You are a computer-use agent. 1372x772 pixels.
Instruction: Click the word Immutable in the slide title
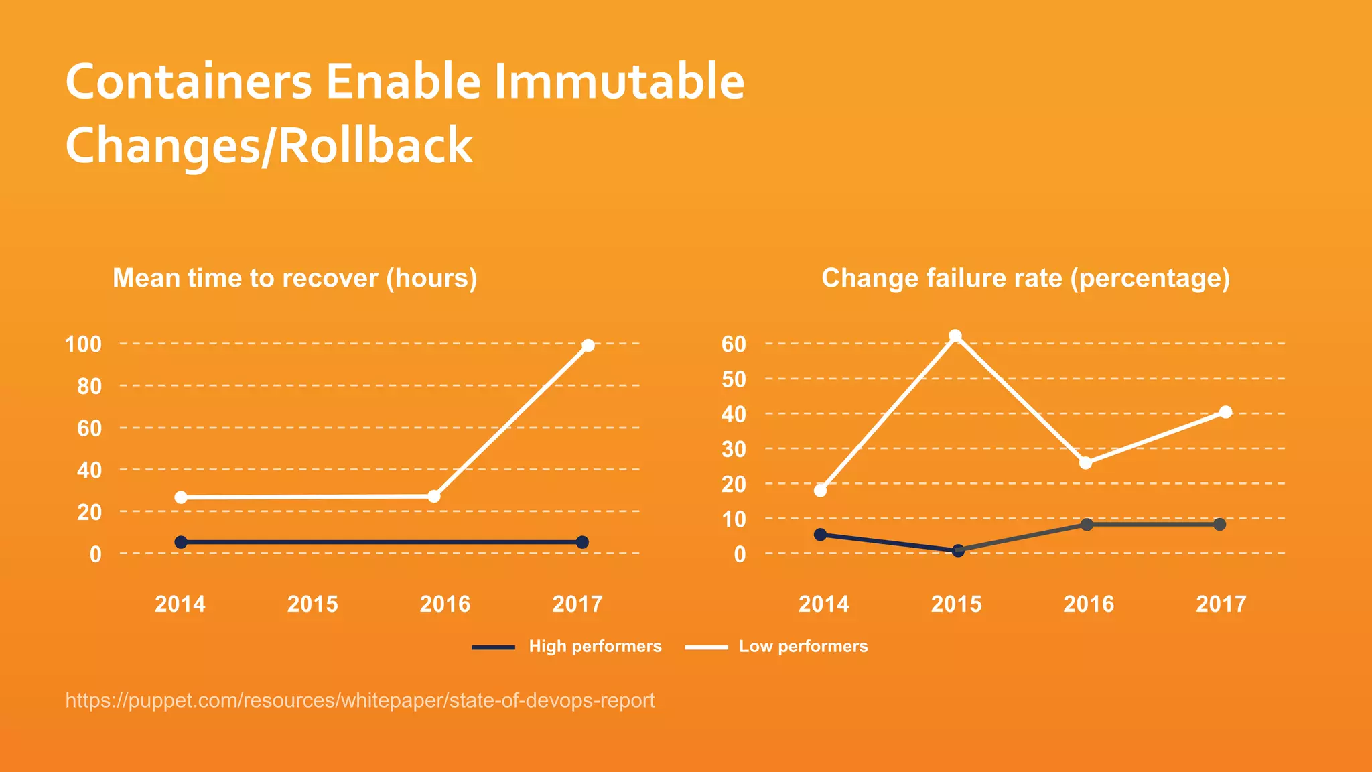[619, 82]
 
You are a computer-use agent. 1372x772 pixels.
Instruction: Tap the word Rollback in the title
[375, 145]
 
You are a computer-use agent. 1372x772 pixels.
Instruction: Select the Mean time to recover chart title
[295, 278]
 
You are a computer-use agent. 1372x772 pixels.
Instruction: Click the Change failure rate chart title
[1026, 278]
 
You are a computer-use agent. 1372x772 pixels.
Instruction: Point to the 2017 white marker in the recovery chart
[588, 346]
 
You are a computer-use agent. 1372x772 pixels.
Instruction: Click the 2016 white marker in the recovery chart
[434, 496]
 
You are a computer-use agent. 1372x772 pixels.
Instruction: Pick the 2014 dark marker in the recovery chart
[181, 542]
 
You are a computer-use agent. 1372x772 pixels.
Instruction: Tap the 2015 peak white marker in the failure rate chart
[955, 336]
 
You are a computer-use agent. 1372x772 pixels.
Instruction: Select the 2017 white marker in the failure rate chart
[1225, 412]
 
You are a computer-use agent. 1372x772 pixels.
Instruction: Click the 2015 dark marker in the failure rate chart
[958, 550]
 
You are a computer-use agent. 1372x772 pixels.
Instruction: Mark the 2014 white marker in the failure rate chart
[820, 491]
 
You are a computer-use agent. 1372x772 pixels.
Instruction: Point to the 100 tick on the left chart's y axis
[83, 344]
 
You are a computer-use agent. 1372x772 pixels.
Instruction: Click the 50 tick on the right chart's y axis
[734, 379]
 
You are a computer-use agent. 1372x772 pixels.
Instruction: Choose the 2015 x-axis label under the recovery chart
[313, 604]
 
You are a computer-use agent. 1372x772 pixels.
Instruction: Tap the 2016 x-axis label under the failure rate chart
[1089, 604]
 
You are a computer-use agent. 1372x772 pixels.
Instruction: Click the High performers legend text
[595, 646]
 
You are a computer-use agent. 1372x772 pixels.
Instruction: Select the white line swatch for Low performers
[706, 647]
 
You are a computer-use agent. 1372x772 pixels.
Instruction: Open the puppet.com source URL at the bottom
[360, 700]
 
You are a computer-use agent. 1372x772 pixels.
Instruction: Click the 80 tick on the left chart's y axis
[89, 387]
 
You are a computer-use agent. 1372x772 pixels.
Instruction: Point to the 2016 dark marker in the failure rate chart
[1087, 525]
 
